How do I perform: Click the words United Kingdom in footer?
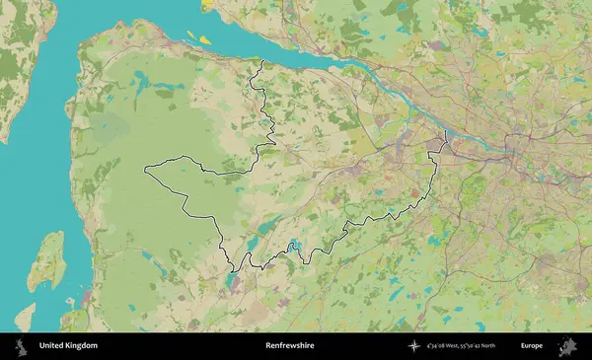68,346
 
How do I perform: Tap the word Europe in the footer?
532,346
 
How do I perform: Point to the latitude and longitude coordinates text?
461,346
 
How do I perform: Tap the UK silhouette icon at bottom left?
21,346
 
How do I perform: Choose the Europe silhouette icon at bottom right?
567,346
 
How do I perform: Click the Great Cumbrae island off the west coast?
48,260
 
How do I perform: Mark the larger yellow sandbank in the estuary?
204,38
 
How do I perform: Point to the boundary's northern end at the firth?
262,62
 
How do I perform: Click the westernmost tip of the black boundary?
145,170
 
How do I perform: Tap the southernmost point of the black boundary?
233,270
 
